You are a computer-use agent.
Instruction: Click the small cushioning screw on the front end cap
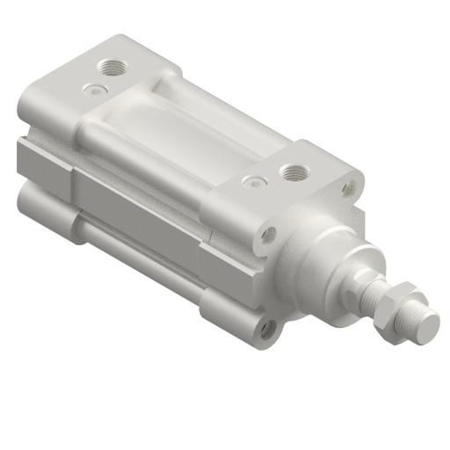(x=254, y=182)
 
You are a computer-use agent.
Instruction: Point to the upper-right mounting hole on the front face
(x=349, y=187)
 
